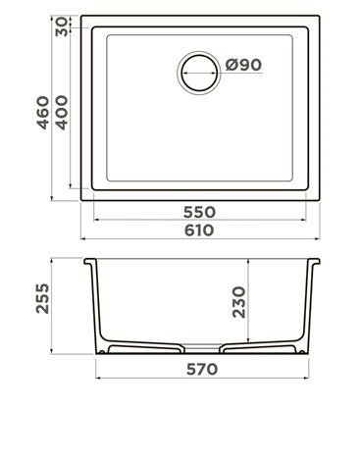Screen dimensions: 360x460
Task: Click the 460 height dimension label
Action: coord(43,113)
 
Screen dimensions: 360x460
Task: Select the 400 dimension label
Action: coord(62,113)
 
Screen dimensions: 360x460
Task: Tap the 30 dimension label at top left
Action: coord(62,26)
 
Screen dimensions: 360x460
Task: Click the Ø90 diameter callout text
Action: coord(243,65)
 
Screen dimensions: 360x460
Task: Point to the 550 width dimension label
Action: coord(199,212)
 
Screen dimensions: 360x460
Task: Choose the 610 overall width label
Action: coord(199,230)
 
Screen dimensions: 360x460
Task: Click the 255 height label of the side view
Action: coord(43,298)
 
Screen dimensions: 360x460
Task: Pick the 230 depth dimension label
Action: coord(239,302)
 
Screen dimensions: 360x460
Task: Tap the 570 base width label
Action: coord(202,369)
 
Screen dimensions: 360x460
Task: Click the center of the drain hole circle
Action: coord(199,73)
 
